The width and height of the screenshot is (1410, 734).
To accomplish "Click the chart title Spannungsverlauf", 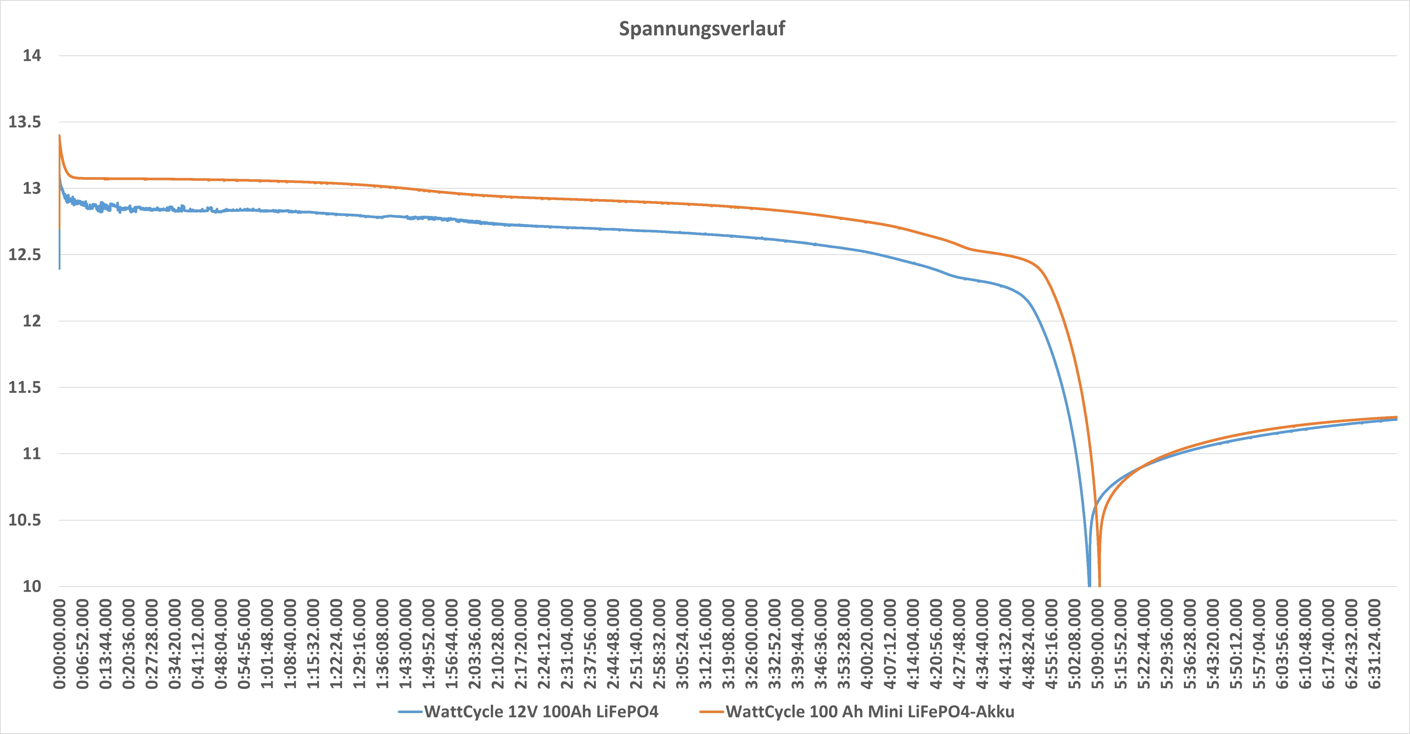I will click(702, 29).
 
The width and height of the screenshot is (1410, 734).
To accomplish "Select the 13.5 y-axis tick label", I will click(25, 122).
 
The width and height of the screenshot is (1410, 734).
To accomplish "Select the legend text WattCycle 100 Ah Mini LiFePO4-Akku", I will click(870, 712).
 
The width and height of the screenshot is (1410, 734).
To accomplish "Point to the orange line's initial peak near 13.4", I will click(59, 136).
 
